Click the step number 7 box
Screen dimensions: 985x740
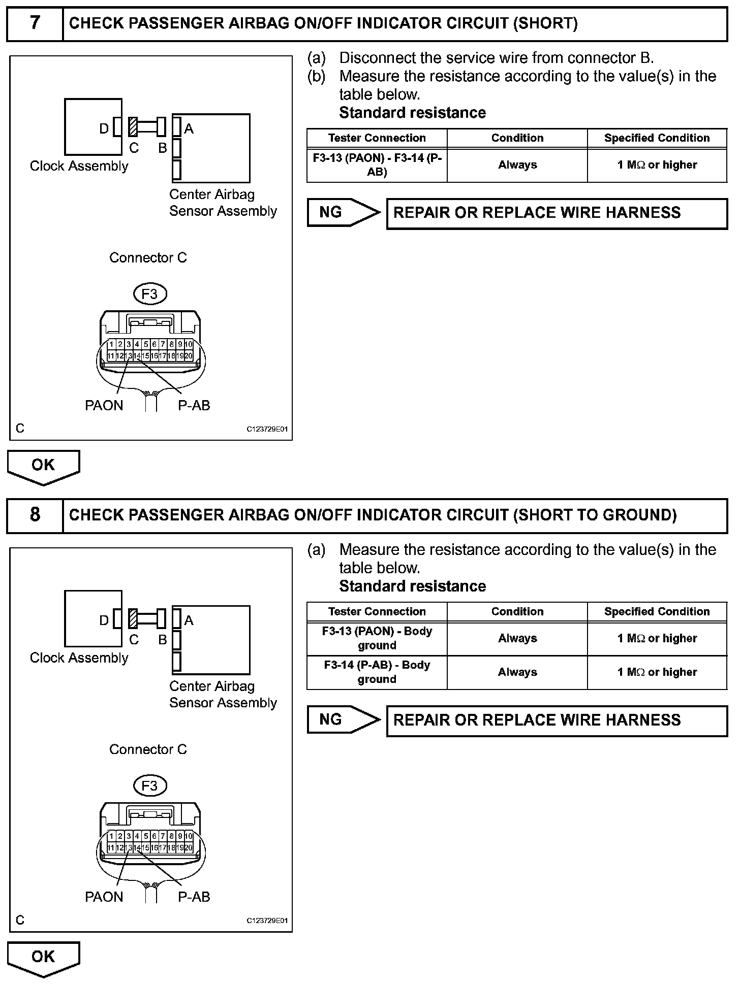35,23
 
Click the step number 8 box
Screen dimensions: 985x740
35,515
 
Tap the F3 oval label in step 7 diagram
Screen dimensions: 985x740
150,294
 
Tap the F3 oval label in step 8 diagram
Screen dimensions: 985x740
150,786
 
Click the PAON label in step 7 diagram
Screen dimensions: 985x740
104,405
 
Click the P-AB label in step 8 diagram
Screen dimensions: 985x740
194,897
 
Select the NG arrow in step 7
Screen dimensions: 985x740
343,212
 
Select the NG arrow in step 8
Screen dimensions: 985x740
343,719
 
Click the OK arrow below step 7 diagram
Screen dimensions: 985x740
43,466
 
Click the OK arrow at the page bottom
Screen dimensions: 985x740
43,958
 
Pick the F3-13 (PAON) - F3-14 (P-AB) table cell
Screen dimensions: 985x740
377,165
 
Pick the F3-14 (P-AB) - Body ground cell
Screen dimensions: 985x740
377,672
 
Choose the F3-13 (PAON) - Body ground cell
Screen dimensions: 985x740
377,638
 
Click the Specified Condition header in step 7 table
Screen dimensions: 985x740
657,138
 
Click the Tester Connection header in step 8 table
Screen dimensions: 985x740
377,612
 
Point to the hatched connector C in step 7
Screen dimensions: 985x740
133,127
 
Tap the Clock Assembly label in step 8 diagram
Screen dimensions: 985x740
79,658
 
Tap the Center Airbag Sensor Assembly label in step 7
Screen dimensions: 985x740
223,203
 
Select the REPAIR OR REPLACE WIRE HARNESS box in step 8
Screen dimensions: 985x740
557,720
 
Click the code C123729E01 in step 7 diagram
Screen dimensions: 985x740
267,429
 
